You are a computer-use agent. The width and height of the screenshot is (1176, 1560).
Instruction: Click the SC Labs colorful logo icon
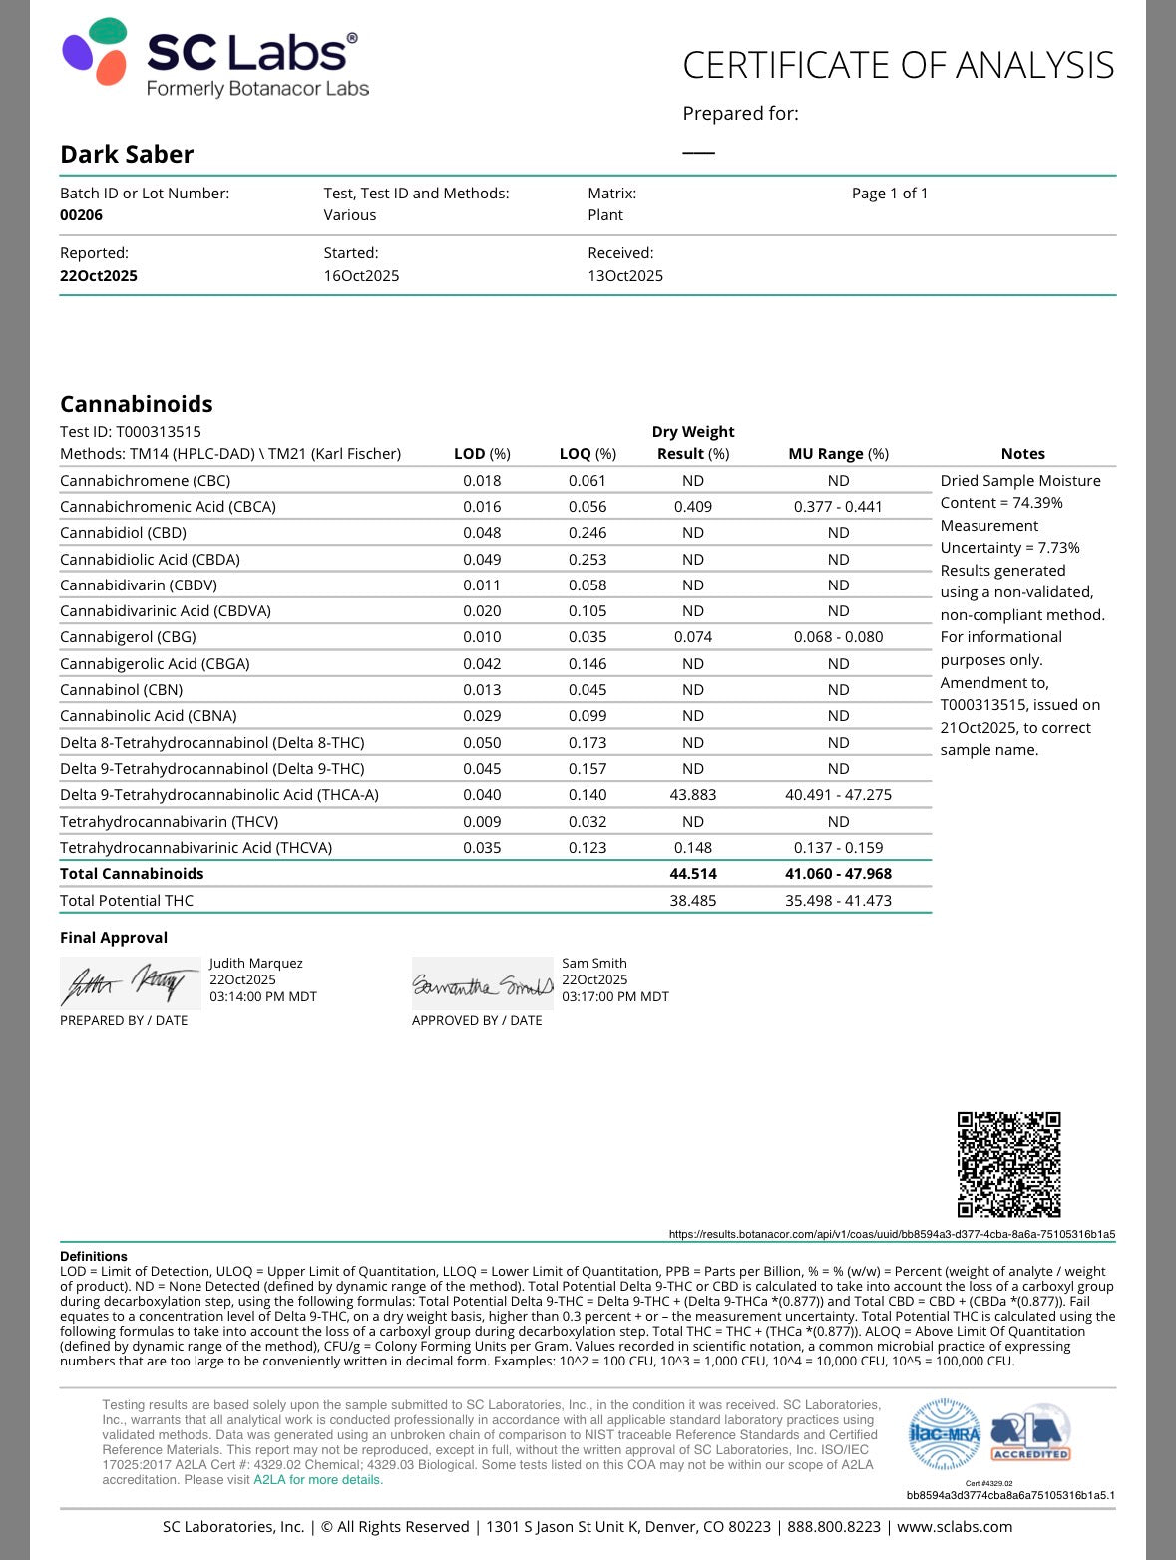95,51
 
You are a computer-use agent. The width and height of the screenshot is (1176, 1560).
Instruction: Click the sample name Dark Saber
127,154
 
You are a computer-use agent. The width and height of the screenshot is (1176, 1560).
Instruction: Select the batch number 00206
81,215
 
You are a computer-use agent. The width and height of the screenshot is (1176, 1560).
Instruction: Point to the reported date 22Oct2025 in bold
99,276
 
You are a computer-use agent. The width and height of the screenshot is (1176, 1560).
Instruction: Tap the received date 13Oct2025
625,276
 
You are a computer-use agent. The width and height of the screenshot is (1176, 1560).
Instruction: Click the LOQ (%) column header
588,454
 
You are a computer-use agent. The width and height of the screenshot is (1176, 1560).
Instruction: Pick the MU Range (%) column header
838,454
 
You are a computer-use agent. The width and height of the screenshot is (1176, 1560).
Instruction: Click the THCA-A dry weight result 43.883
693,795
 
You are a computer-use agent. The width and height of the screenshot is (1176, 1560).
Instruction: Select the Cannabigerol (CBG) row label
128,637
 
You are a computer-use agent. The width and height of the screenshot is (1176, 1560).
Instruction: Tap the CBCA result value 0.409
693,507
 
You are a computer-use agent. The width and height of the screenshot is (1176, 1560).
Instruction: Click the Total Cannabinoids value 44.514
693,874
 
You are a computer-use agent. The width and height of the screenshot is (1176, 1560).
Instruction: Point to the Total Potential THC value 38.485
693,901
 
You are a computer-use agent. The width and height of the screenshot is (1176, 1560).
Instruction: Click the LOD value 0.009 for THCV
482,822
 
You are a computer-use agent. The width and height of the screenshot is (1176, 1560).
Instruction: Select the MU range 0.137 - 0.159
838,848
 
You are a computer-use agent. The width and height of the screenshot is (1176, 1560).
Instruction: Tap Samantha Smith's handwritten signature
482,985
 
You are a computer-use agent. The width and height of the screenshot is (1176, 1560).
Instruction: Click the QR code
1008,1164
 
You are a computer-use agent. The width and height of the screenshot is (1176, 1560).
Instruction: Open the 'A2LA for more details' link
318,1480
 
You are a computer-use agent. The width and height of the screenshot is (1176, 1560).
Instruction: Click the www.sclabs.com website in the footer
955,1527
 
